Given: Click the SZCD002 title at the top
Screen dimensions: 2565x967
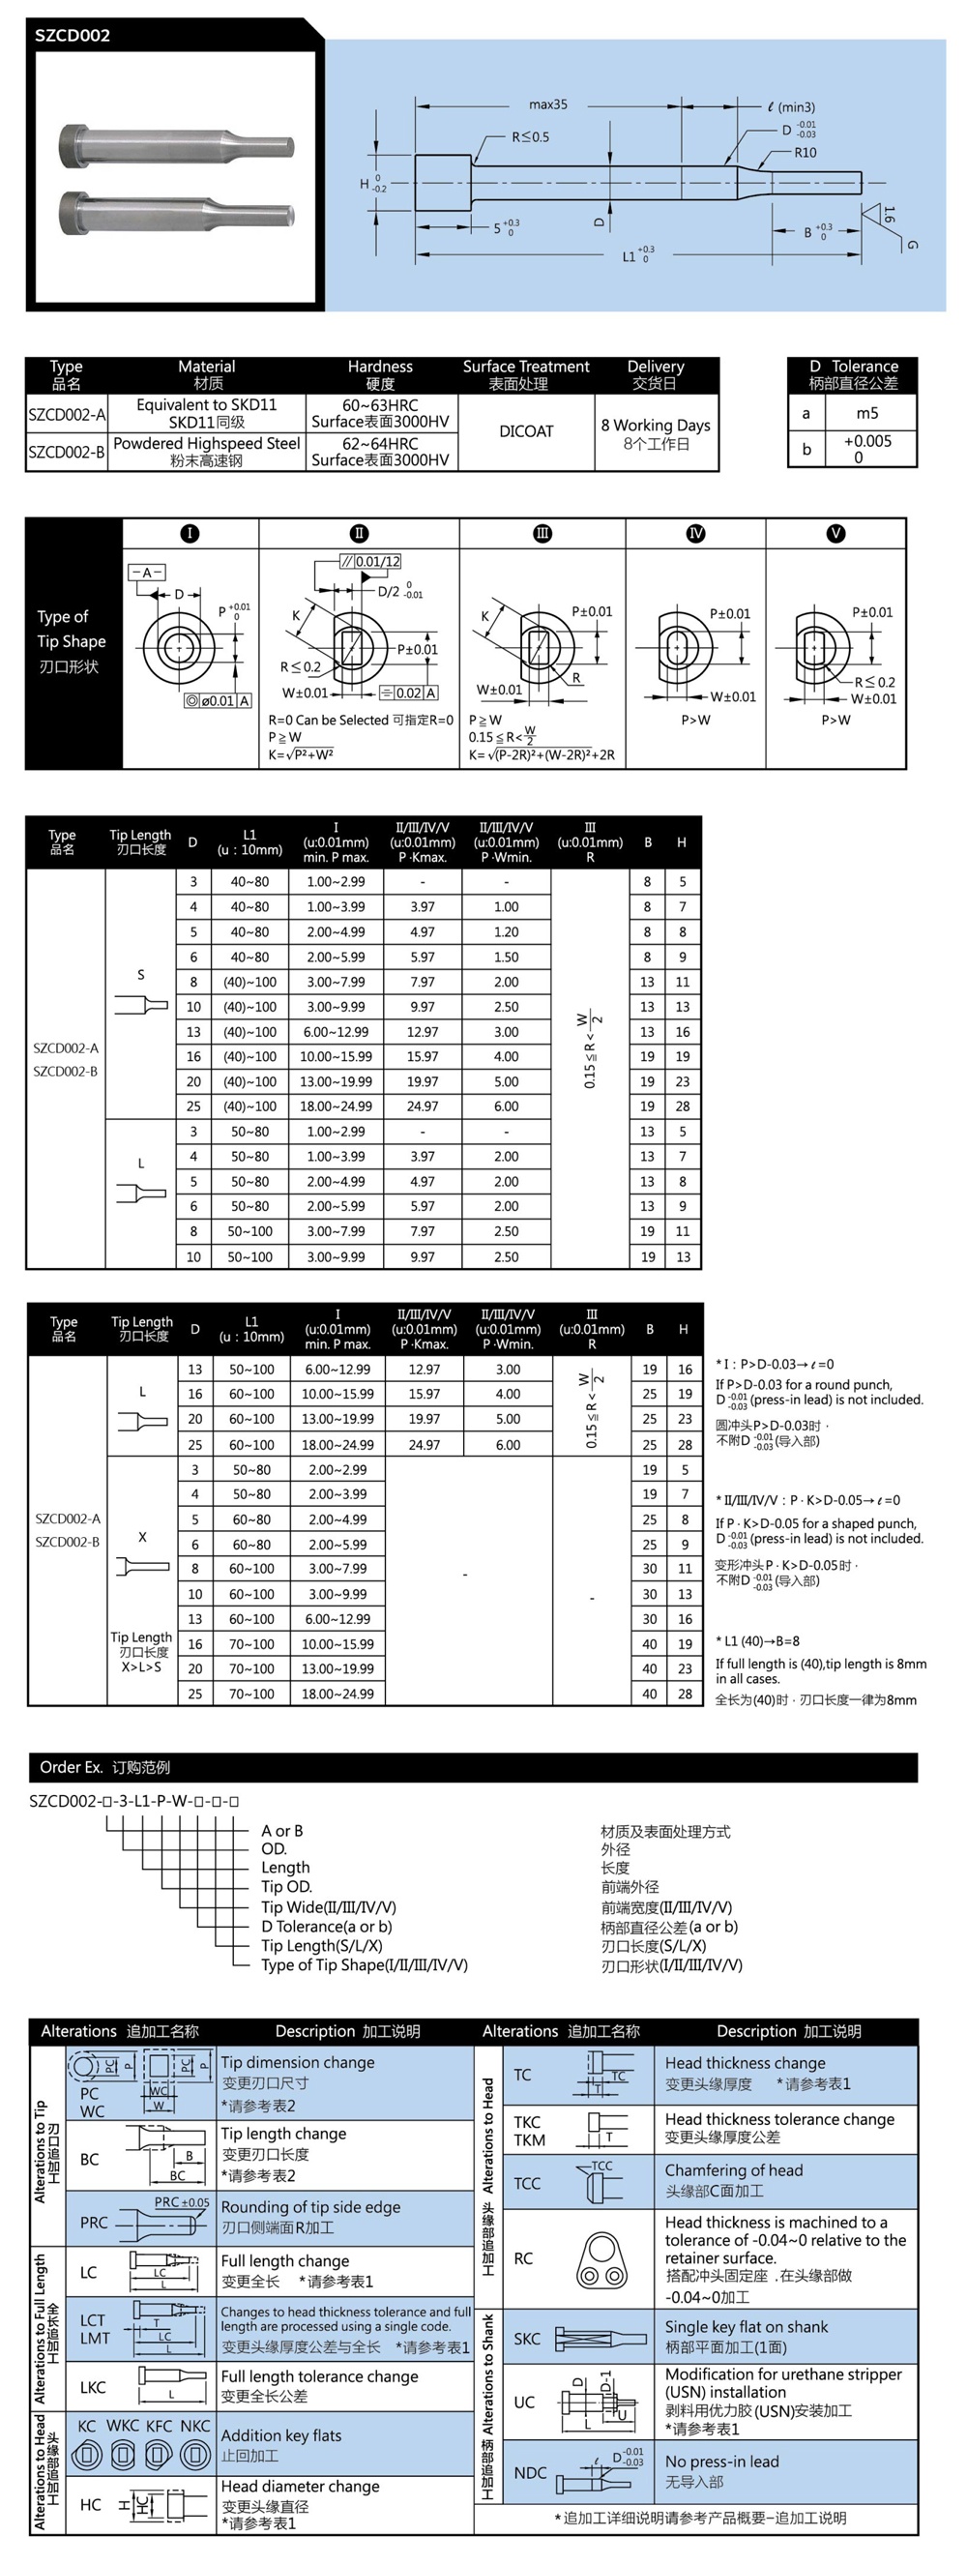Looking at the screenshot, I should click(73, 36).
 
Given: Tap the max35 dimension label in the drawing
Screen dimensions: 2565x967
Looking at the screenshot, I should click(547, 104).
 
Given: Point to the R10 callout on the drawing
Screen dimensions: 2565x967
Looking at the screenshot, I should click(805, 153).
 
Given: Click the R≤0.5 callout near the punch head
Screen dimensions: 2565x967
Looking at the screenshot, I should click(530, 136).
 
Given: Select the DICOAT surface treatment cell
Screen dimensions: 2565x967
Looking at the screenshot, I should click(526, 431).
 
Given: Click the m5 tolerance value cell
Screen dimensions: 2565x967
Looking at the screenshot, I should click(866, 413).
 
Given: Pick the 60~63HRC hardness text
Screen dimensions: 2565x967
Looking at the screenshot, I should click(380, 405).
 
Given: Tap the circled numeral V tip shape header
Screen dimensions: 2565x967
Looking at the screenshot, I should click(835, 534).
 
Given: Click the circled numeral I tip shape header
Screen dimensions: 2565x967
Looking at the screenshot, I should click(190, 534).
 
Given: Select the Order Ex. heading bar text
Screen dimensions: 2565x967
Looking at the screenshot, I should click(104, 1766).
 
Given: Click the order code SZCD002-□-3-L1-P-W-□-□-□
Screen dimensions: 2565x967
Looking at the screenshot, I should click(134, 1800).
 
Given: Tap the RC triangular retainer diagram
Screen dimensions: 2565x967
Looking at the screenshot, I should click(601, 2258).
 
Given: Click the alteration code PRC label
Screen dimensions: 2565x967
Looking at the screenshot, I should click(94, 2222).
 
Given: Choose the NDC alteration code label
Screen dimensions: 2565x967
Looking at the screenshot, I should click(530, 2471).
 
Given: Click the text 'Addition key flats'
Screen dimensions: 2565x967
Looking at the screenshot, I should click(280, 2434).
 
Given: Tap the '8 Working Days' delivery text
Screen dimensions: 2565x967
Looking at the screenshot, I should click(656, 426).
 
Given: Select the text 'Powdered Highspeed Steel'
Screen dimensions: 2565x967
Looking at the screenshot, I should click(206, 443).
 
